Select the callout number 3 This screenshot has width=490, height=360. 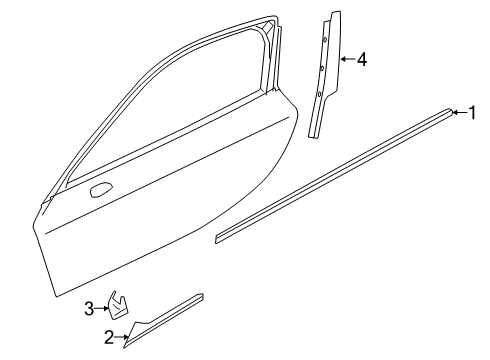click(88, 307)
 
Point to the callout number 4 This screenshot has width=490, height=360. click(361, 60)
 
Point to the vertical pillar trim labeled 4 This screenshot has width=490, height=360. click(324, 80)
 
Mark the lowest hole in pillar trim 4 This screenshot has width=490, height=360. click(318, 96)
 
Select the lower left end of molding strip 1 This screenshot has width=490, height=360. click(219, 239)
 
